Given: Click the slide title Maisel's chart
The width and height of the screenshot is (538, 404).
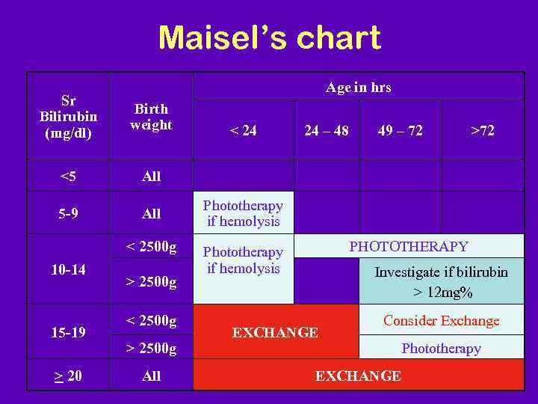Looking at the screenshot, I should [x=269, y=37].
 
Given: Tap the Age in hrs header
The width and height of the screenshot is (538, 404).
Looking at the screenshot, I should [x=358, y=88].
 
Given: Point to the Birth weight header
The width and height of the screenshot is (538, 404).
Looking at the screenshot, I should [x=151, y=117].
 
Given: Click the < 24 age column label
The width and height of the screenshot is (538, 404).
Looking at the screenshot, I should [x=243, y=131].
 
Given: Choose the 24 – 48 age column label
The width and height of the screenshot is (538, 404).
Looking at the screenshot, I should [x=326, y=131].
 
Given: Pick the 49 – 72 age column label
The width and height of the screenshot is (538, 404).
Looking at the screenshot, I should [x=400, y=131].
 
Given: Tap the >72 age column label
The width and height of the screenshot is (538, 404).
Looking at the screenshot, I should [x=482, y=131].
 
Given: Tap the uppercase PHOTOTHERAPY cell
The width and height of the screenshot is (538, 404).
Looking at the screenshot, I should [x=409, y=246].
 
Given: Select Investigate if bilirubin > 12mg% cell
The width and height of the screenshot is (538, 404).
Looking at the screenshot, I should [x=441, y=281].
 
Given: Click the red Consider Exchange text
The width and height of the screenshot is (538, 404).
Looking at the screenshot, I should [x=441, y=321].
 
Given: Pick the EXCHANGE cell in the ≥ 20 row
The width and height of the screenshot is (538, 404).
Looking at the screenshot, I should [x=358, y=376].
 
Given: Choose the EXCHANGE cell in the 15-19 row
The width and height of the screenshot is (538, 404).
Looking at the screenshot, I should [x=275, y=332].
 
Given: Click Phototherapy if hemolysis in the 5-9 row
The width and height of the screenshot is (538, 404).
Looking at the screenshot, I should [x=243, y=213].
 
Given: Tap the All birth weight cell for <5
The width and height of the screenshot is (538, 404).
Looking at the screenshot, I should [x=151, y=177].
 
